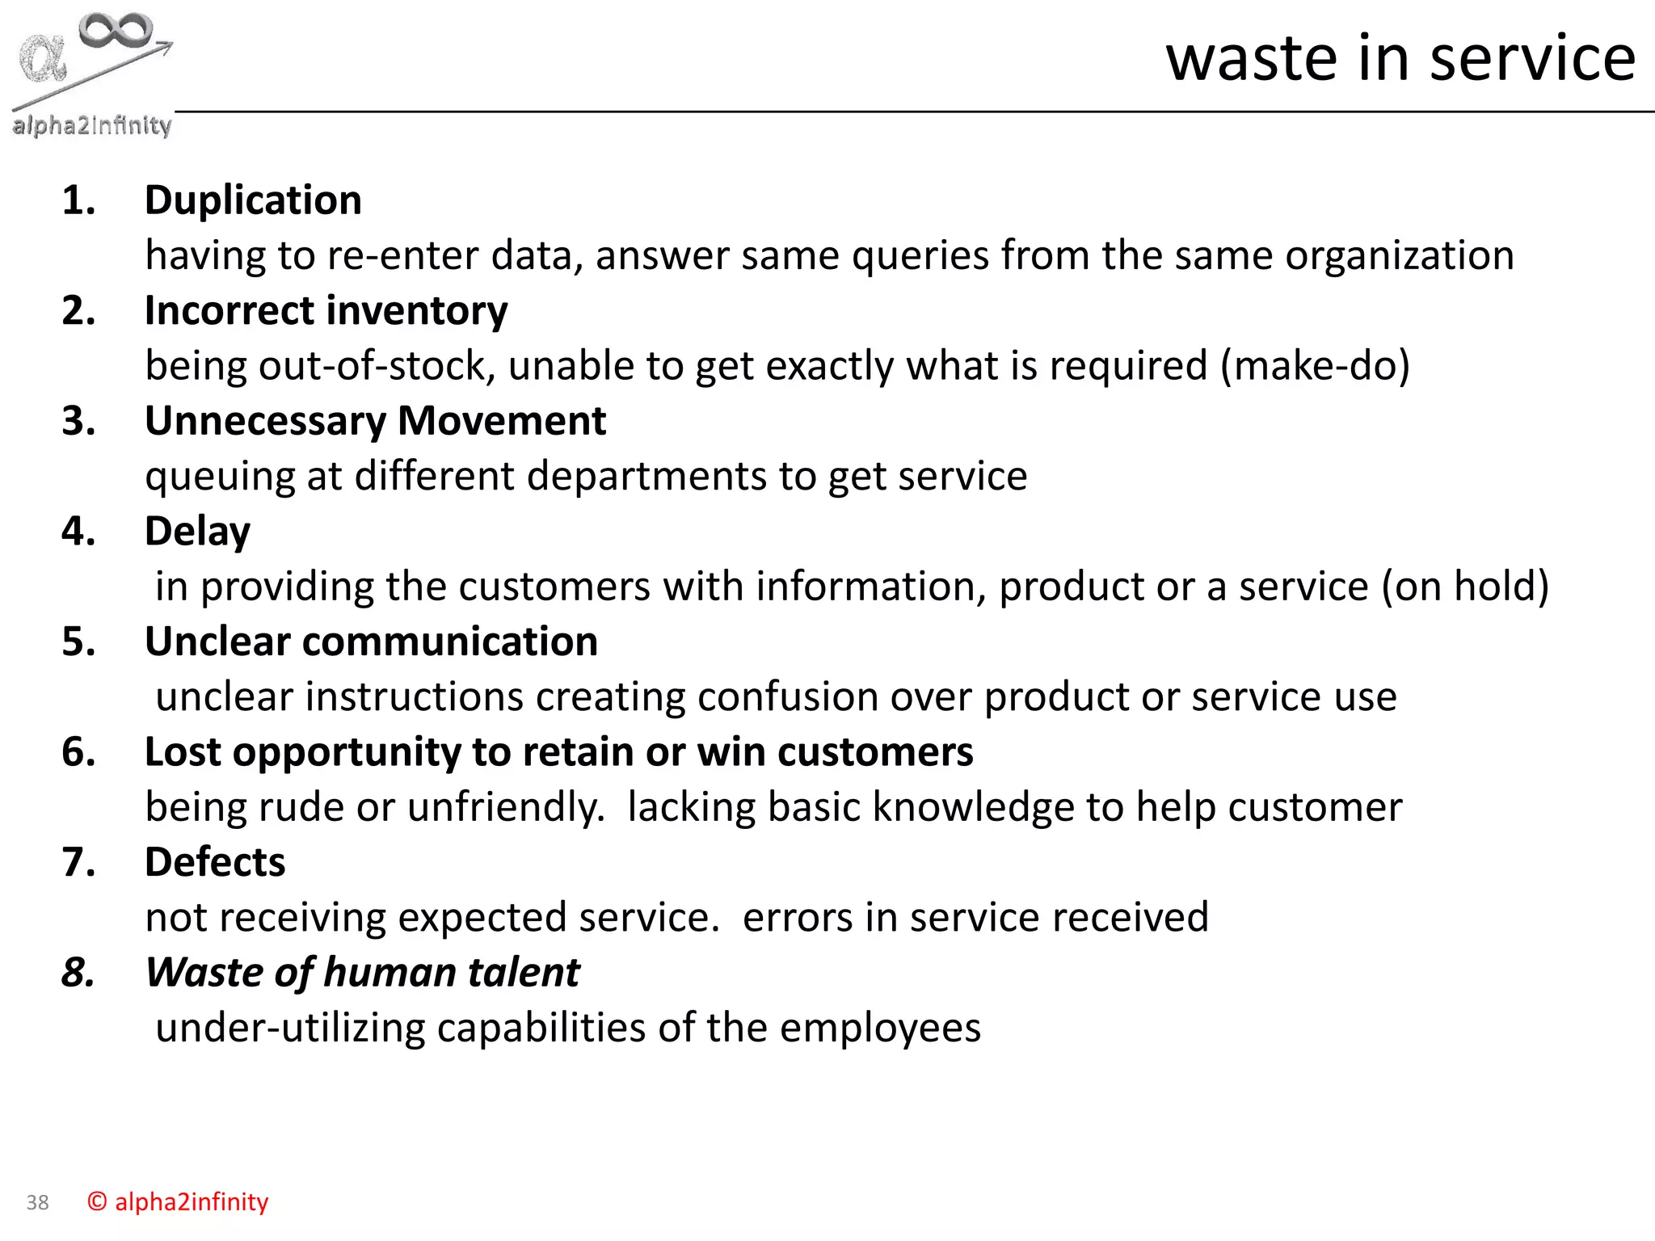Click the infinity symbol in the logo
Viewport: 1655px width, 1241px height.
click(x=116, y=31)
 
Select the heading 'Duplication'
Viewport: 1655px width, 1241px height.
click(x=253, y=200)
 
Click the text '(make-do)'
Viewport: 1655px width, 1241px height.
click(x=1315, y=366)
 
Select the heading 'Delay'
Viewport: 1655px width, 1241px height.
click(x=197, y=532)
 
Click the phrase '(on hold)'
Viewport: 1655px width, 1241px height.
click(x=1465, y=587)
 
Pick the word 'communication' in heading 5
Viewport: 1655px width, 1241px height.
click(x=450, y=642)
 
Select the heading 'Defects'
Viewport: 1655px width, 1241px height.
click(x=215, y=863)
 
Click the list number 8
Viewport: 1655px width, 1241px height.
click(x=78, y=973)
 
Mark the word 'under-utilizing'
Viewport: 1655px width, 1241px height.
click(x=290, y=1029)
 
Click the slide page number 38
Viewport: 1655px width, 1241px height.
click(x=37, y=1203)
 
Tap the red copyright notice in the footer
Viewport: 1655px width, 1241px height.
click(x=178, y=1202)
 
